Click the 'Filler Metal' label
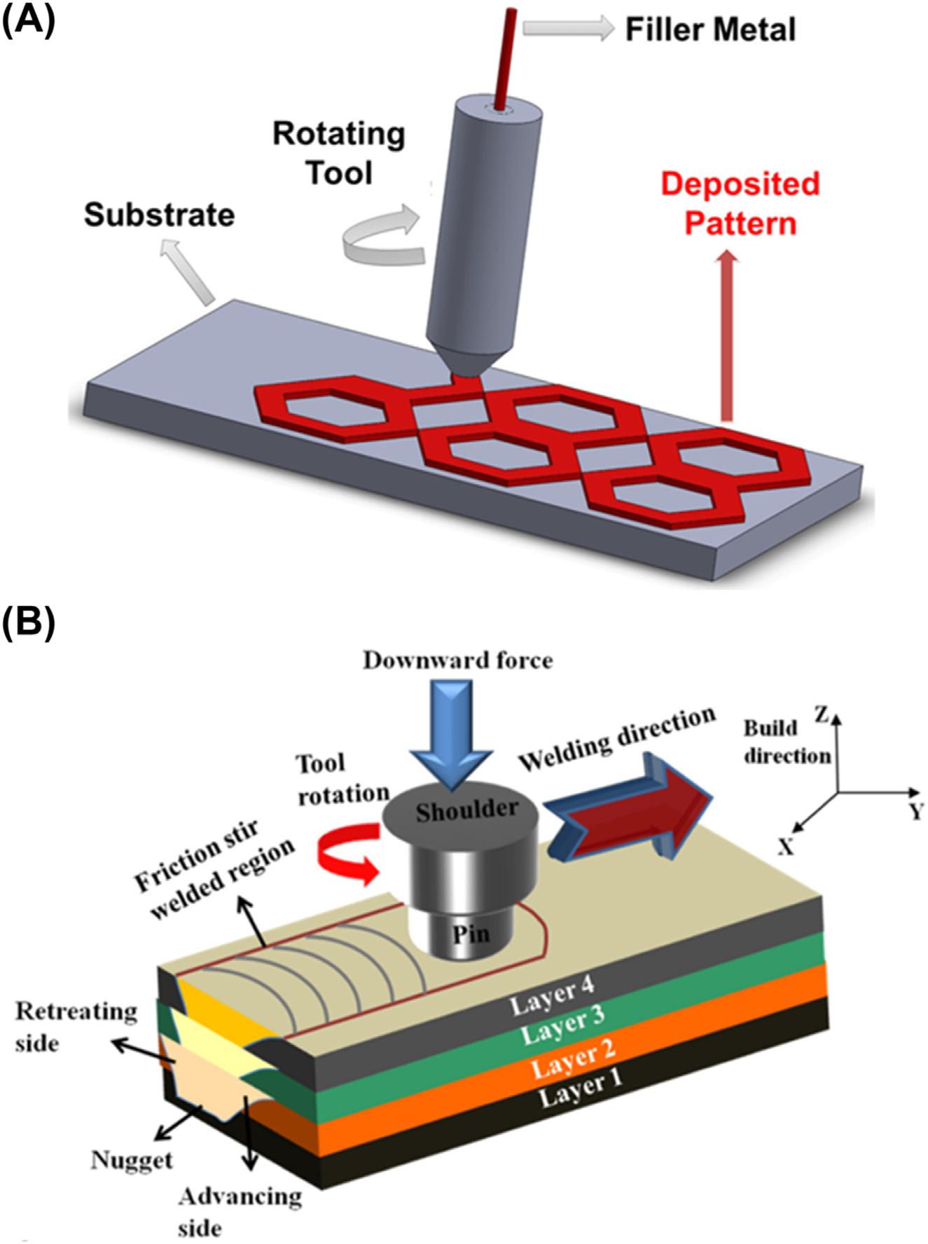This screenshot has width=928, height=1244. (x=710, y=30)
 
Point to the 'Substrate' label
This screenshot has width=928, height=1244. (x=160, y=215)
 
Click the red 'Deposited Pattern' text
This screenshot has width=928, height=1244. (x=740, y=204)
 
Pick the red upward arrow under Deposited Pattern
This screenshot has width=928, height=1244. (x=728, y=336)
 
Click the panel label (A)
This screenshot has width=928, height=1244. (x=27, y=21)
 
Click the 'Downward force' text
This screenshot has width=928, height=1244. (x=457, y=660)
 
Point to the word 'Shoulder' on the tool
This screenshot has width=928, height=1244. (x=466, y=810)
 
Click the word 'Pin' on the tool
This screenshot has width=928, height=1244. (x=471, y=933)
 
